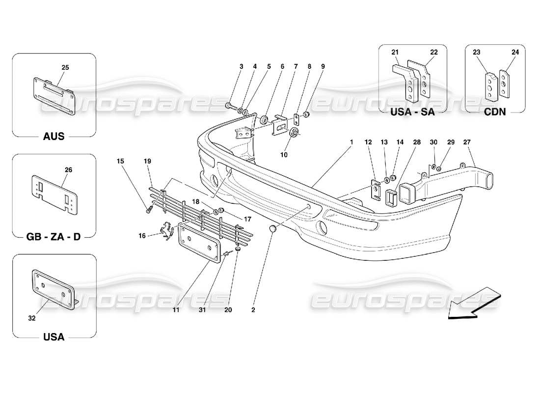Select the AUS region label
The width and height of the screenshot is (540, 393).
click(x=54, y=136)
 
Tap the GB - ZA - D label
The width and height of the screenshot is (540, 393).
click(x=54, y=236)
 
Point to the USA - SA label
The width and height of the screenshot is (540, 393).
click(x=413, y=112)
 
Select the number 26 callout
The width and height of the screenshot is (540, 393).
click(x=68, y=170)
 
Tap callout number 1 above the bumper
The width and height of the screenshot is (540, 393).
click(x=351, y=142)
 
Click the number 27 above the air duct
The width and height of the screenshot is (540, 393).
click(x=467, y=142)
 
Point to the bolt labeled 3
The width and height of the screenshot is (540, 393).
click(x=230, y=105)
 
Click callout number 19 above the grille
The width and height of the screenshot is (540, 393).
click(x=147, y=160)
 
